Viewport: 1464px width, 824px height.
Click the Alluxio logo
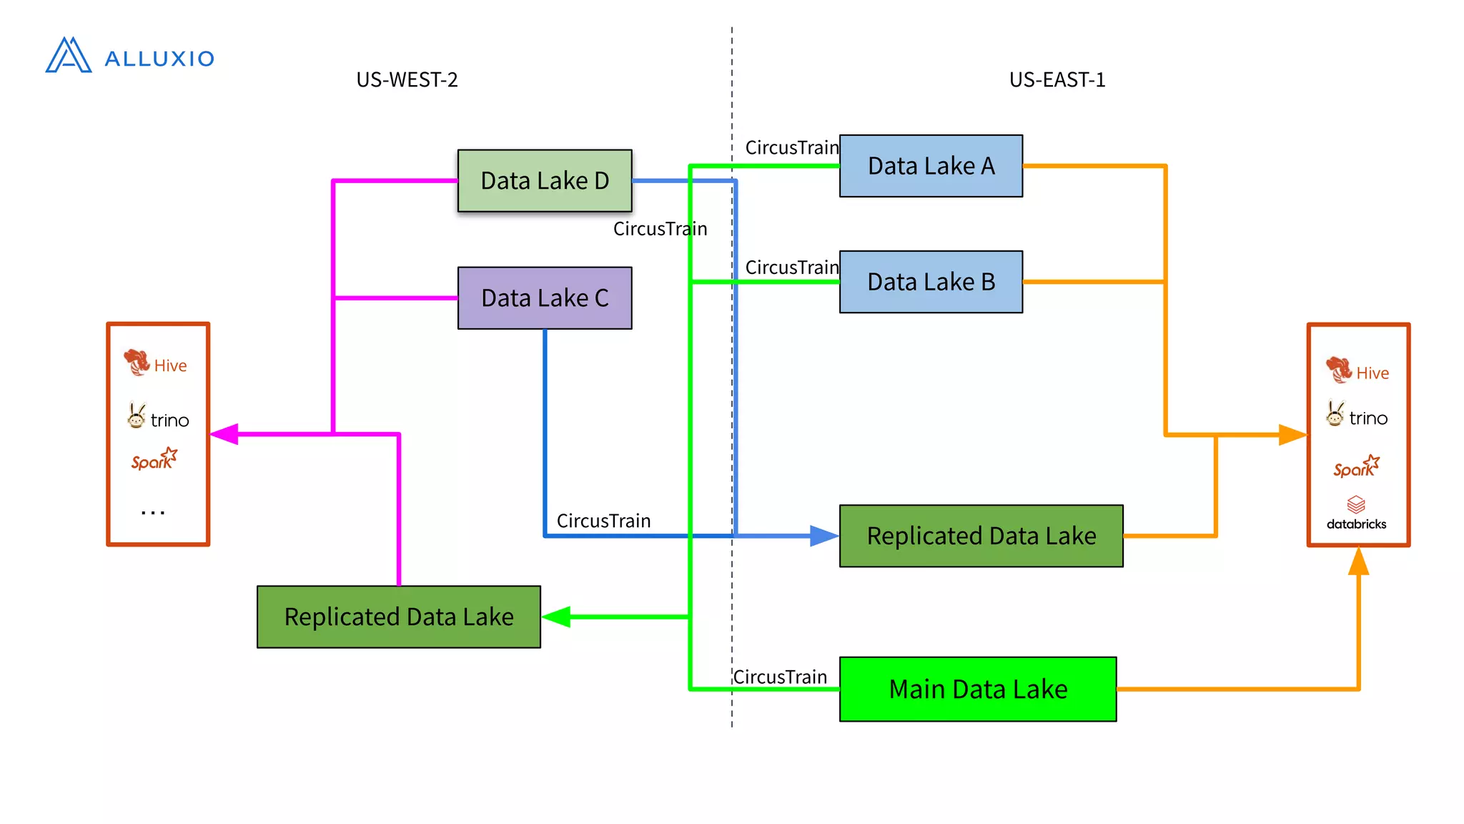(129, 56)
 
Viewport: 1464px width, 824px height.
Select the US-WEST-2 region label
(407, 79)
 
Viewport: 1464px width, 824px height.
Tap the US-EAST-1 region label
(1057, 79)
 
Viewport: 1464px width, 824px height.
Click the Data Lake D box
(545, 180)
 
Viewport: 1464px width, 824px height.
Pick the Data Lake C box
(545, 298)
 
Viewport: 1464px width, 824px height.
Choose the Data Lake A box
(931, 166)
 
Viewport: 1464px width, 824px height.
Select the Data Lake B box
(931, 282)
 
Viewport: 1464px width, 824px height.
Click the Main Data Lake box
(977, 689)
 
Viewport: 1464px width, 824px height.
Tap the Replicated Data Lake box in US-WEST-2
(399, 617)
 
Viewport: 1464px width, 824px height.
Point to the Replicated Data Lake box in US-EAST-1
(981, 536)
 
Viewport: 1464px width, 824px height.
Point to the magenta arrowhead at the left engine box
(224, 433)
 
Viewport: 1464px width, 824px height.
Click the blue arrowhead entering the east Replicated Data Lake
(823, 536)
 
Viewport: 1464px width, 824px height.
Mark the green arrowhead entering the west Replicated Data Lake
(557, 617)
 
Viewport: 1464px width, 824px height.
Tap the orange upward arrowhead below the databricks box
(1358, 562)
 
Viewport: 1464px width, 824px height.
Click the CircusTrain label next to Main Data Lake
(780, 677)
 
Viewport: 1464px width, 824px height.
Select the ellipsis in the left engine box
(153, 512)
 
